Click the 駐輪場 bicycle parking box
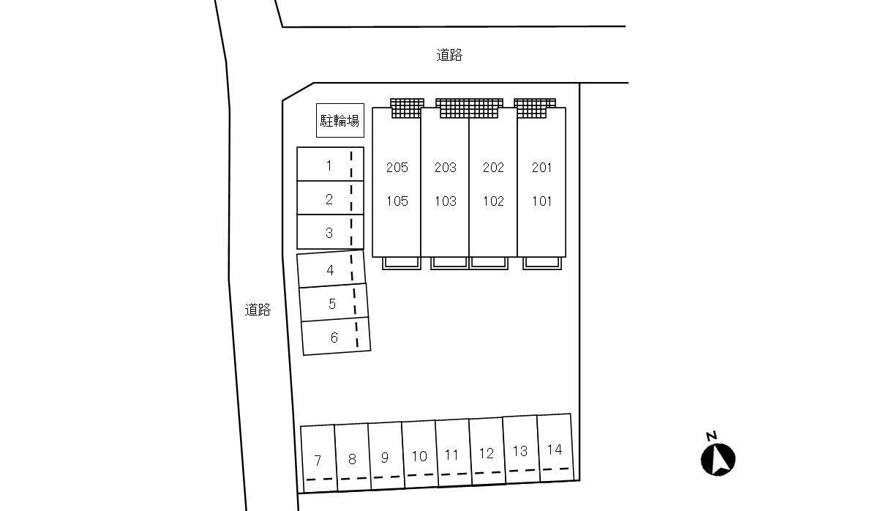pyautogui.click(x=340, y=120)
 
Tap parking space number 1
pyautogui.click(x=330, y=164)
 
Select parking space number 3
pyautogui.click(x=330, y=232)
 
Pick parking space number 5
pyautogui.click(x=334, y=302)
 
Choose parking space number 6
pyautogui.click(x=336, y=336)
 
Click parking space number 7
pyautogui.click(x=319, y=458)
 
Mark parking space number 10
pyautogui.click(x=420, y=454)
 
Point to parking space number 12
pyautogui.click(x=488, y=451)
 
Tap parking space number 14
pyautogui.click(x=555, y=448)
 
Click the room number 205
pyautogui.click(x=397, y=168)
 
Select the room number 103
pyautogui.click(x=446, y=201)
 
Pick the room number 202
pyautogui.click(x=493, y=168)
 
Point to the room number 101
pyautogui.click(x=541, y=201)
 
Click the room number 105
pyautogui.click(x=397, y=201)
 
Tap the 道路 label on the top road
pyautogui.click(x=449, y=55)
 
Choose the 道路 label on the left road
pyautogui.click(x=258, y=310)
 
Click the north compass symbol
pyautogui.click(x=718, y=459)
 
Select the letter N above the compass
pyautogui.click(x=712, y=436)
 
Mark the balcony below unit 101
pyautogui.click(x=542, y=264)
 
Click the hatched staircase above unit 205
pyautogui.click(x=408, y=108)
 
